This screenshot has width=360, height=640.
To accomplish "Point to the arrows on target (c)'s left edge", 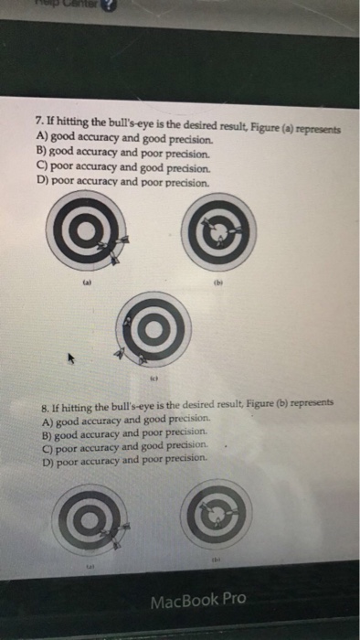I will pos(119,350).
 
